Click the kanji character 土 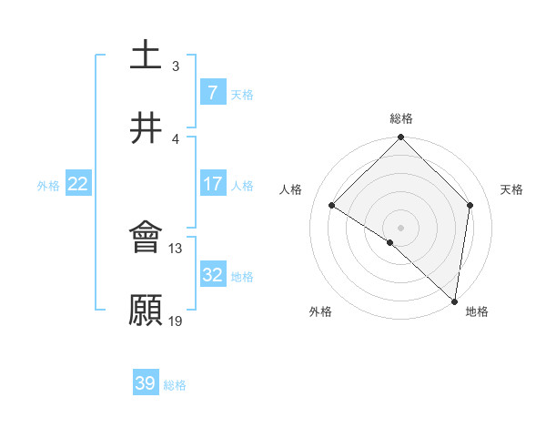pyautogui.click(x=147, y=56)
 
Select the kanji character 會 pyautogui.click(x=147, y=239)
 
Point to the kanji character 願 pyautogui.click(x=147, y=311)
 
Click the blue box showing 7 pyautogui.click(x=212, y=92)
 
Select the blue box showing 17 pyautogui.click(x=212, y=184)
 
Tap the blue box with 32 pyautogui.click(x=212, y=275)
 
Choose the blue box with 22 pyautogui.click(x=78, y=184)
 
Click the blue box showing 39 pyautogui.click(x=146, y=383)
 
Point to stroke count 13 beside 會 pyautogui.click(x=176, y=248)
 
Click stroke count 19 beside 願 pyautogui.click(x=176, y=321)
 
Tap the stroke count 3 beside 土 pyautogui.click(x=175, y=66)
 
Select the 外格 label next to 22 pyautogui.click(x=48, y=185)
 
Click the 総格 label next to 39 pyautogui.click(x=175, y=385)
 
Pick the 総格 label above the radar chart pyautogui.click(x=401, y=118)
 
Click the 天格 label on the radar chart pyautogui.click(x=511, y=189)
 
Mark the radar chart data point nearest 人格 pyautogui.click(x=332, y=206)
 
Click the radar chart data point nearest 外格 pyautogui.click(x=390, y=242)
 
